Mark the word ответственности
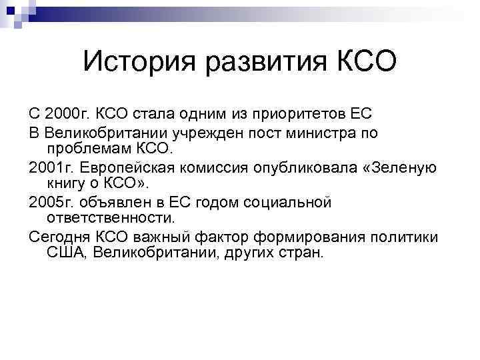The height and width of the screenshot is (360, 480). click(111, 217)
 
